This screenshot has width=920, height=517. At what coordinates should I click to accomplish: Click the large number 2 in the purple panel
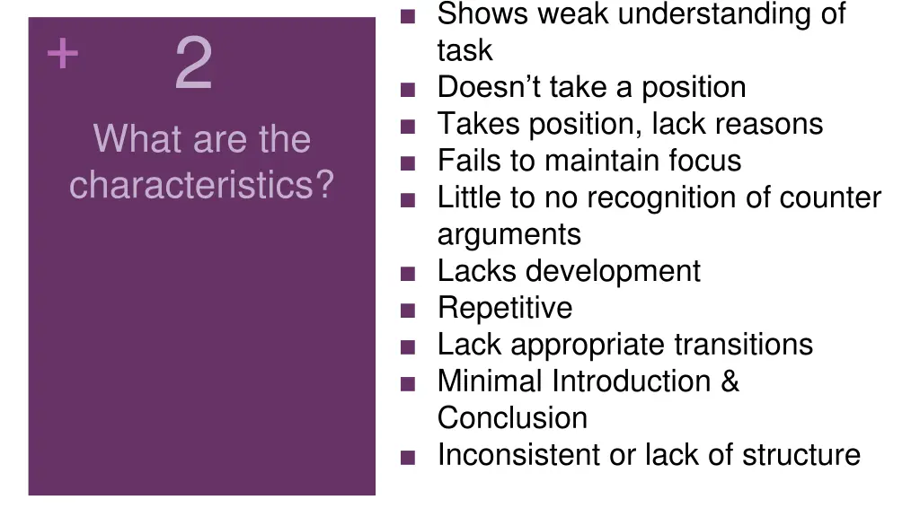193,64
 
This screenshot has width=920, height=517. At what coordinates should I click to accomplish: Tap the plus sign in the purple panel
63,56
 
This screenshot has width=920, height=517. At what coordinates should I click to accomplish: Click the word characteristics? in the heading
202,185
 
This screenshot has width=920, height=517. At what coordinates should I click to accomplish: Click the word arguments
509,234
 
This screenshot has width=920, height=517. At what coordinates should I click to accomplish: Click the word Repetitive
504,308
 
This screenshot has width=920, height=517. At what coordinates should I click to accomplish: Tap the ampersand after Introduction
730,381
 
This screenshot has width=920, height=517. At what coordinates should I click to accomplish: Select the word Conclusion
512,418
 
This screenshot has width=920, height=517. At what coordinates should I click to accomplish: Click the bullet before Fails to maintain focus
408,162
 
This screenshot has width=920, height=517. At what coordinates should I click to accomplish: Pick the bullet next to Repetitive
408,310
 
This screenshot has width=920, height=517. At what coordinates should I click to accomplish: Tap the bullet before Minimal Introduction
408,383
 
